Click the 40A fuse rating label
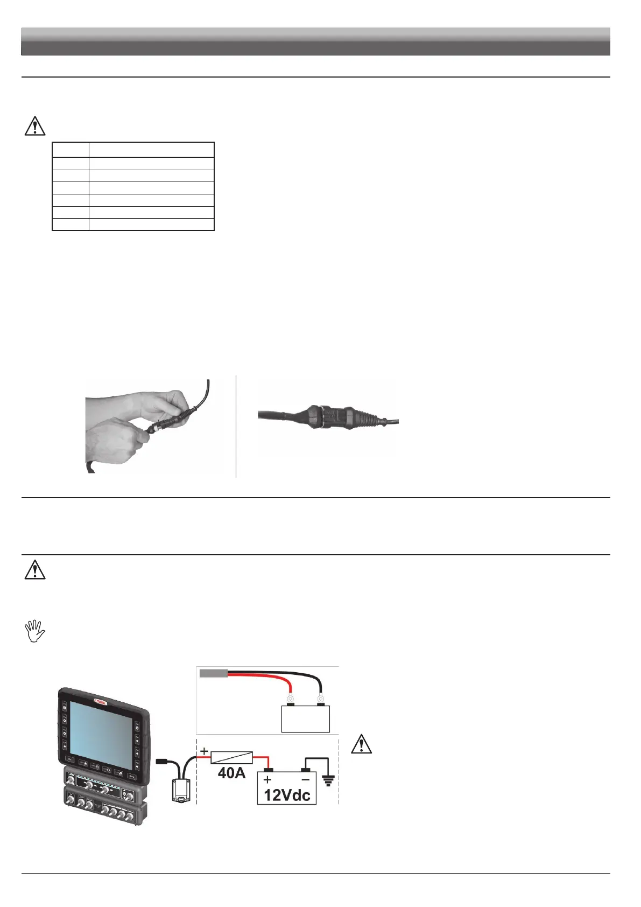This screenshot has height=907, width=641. coord(231,773)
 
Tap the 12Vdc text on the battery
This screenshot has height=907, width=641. coord(287,795)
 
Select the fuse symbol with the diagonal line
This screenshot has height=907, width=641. coord(231,757)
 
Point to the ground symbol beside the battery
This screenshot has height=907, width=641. coord(328,780)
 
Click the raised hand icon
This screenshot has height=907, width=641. coord(35,631)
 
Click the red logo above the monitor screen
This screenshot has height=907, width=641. coord(102,701)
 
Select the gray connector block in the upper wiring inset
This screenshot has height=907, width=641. coord(213,673)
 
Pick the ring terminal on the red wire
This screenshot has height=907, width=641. coord(291,700)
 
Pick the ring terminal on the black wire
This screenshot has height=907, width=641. coord(321,700)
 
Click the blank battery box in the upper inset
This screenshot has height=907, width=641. coord(305,718)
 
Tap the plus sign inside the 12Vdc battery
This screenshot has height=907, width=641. coord(267,779)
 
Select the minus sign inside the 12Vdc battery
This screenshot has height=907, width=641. coord(305,779)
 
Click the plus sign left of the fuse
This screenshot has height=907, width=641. coord(204,751)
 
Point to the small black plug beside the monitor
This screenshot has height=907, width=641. coord(161,762)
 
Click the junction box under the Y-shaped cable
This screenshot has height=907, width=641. coord(180,790)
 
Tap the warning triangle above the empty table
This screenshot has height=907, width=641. coord(35,125)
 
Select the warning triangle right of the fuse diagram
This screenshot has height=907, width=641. coord(361,744)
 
